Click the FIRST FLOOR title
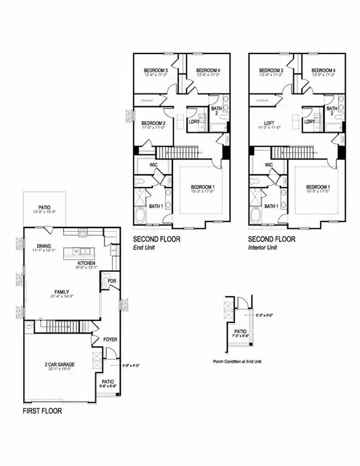(42, 411)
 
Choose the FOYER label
(110, 339)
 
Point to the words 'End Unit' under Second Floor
(146, 248)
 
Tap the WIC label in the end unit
(146, 164)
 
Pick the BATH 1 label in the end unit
(155, 206)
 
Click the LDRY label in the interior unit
(310, 121)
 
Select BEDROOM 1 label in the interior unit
(318, 187)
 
